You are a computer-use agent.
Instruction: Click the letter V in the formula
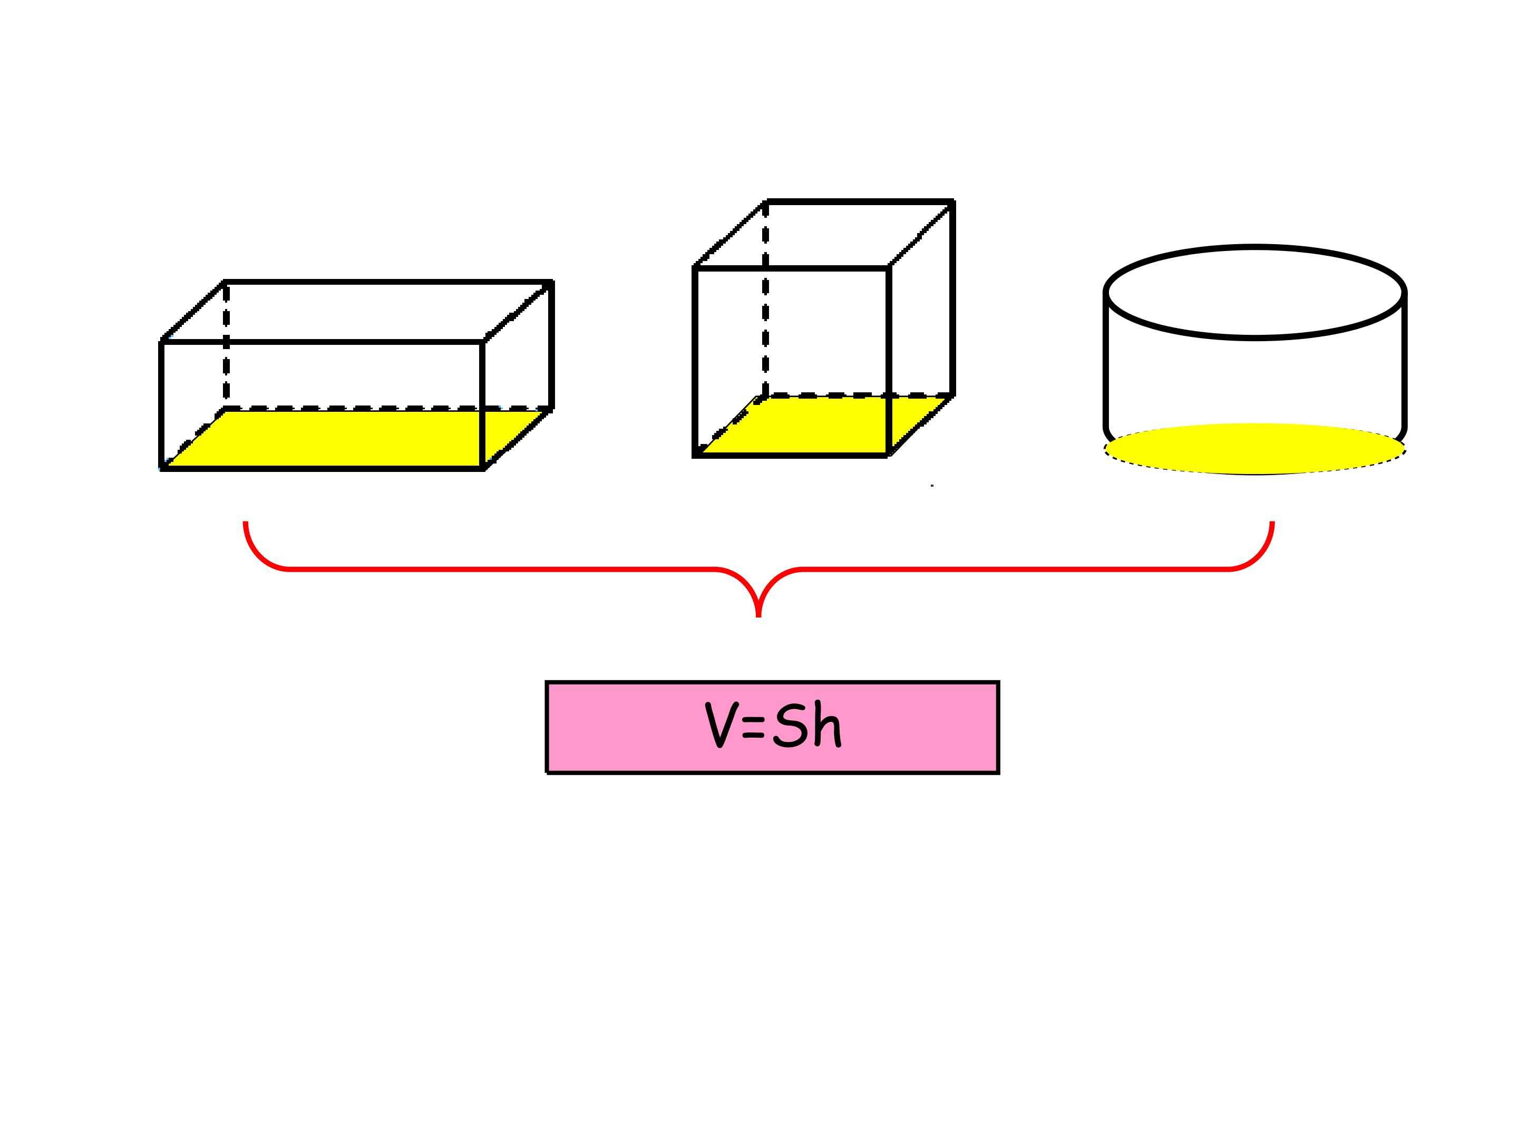click(721, 725)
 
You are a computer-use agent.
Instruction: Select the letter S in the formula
click(789, 725)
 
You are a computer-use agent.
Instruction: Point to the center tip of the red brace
click(758, 616)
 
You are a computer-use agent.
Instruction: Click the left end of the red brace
click(246, 523)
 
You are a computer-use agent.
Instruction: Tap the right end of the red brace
click(1272, 523)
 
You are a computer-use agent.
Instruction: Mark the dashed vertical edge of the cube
click(765, 298)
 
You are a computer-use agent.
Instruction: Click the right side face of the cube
click(921, 328)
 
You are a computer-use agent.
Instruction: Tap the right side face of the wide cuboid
click(518, 375)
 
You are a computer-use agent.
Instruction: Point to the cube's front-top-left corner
click(695, 268)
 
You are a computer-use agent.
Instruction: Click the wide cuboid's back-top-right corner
click(552, 282)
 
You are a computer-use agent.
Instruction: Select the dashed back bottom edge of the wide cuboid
click(388, 409)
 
